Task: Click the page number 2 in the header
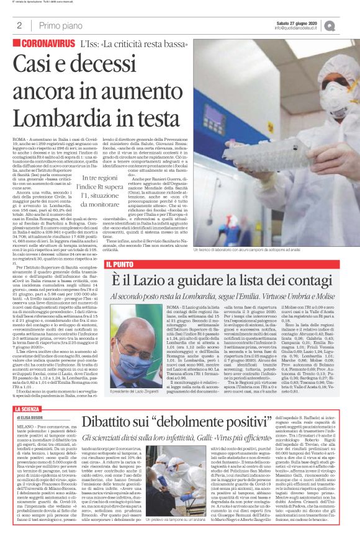(19, 25)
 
